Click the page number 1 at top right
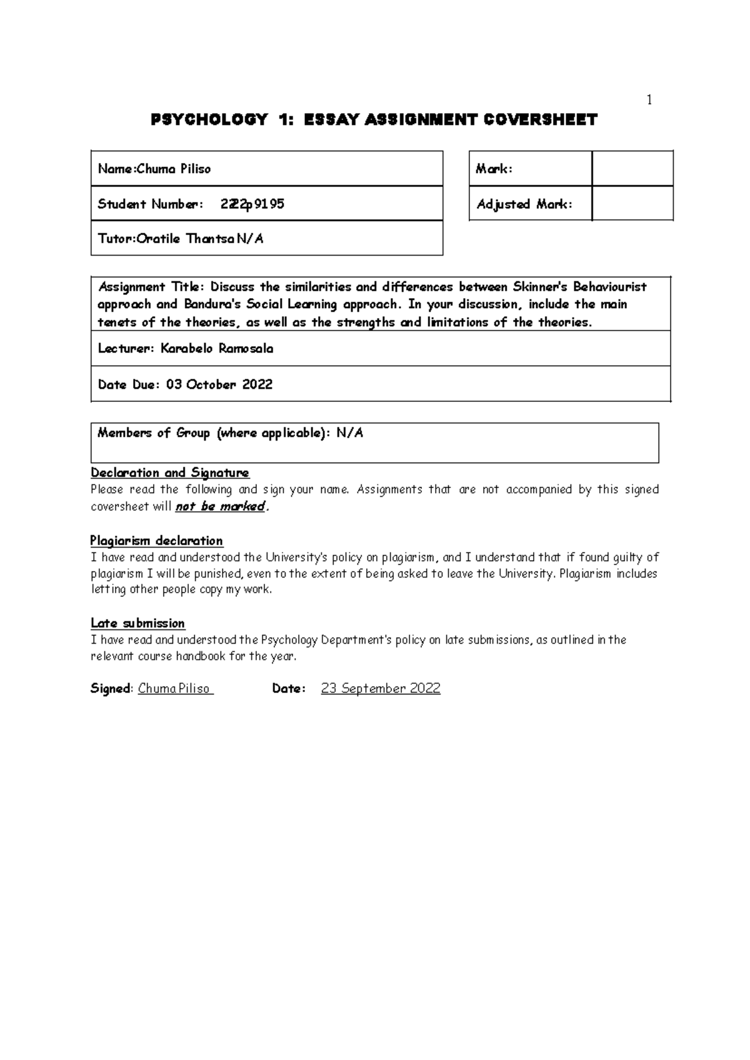[649, 100]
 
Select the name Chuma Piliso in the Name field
[174, 169]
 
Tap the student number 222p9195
[252, 204]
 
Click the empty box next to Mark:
[632, 169]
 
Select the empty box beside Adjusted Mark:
[632, 204]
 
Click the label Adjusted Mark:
[524, 204]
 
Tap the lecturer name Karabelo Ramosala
[217, 349]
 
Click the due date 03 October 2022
[219, 384]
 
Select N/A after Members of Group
[349, 433]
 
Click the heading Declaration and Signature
[170, 473]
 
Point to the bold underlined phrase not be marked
[220, 507]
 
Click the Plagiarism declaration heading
[156, 541]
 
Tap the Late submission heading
[137, 623]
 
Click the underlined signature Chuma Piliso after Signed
[175, 689]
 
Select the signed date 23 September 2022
[380, 689]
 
